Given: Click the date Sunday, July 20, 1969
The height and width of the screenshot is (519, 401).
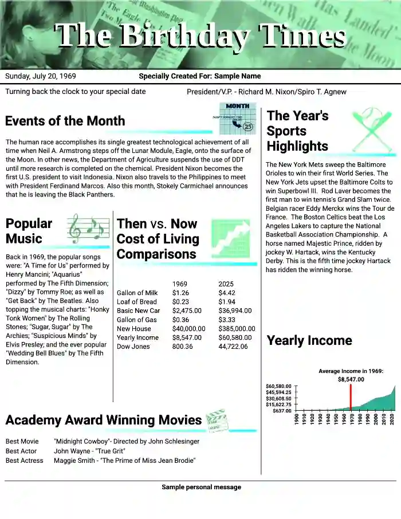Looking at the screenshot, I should pyautogui.click(x=41, y=76).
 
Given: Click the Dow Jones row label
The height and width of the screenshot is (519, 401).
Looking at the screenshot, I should pyautogui.click(x=133, y=347).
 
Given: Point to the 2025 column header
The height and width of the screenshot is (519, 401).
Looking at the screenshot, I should pyautogui.click(x=226, y=284).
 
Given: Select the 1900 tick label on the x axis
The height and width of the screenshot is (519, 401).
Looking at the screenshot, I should pyautogui.click(x=297, y=419).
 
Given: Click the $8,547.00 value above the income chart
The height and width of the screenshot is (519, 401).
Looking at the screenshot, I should pyautogui.click(x=351, y=379).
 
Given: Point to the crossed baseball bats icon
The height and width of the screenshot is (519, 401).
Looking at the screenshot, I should pyautogui.click(x=371, y=129).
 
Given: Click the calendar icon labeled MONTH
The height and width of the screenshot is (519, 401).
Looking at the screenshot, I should pyautogui.click(x=237, y=118).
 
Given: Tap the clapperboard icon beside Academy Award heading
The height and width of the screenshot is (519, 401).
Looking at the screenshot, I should pyautogui.click(x=215, y=420).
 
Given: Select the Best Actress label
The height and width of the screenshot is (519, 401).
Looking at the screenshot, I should pyautogui.click(x=25, y=461).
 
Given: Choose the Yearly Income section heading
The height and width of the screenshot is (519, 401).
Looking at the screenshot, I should pyautogui.click(x=309, y=341).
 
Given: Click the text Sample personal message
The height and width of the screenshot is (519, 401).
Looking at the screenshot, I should pyautogui.click(x=201, y=487).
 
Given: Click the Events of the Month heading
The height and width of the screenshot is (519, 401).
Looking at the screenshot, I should pyautogui.click(x=65, y=121).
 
